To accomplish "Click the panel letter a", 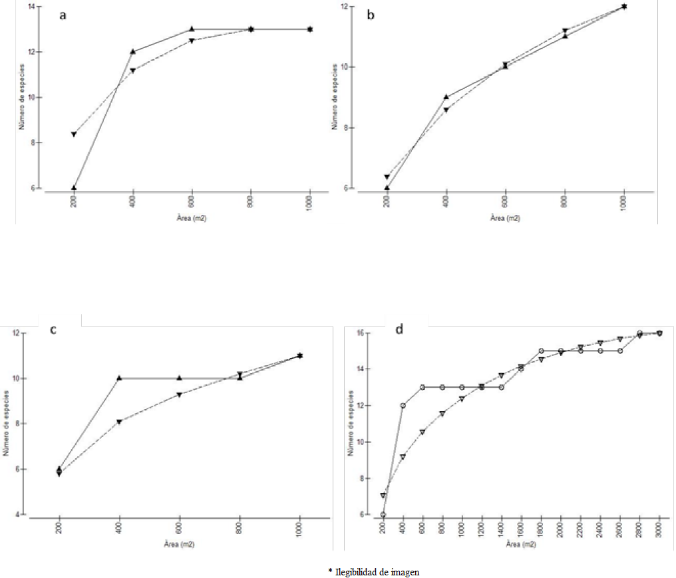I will point(63,16).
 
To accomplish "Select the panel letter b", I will point(371,15).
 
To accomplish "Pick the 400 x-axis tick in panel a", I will point(133,202).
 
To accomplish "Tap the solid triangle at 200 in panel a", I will point(74,188).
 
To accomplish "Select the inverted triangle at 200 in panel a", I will point(74,134).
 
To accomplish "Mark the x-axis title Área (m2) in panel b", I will point(505,217).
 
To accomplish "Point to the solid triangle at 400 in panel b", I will point(446,96).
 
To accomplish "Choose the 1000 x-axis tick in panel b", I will point(624,203).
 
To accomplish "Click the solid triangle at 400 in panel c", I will point(119,378).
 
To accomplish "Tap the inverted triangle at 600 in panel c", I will point(179,395).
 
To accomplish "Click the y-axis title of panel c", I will point(6,424).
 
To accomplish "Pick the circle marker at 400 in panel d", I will point(403,405).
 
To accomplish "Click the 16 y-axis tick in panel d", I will point(366,333).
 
